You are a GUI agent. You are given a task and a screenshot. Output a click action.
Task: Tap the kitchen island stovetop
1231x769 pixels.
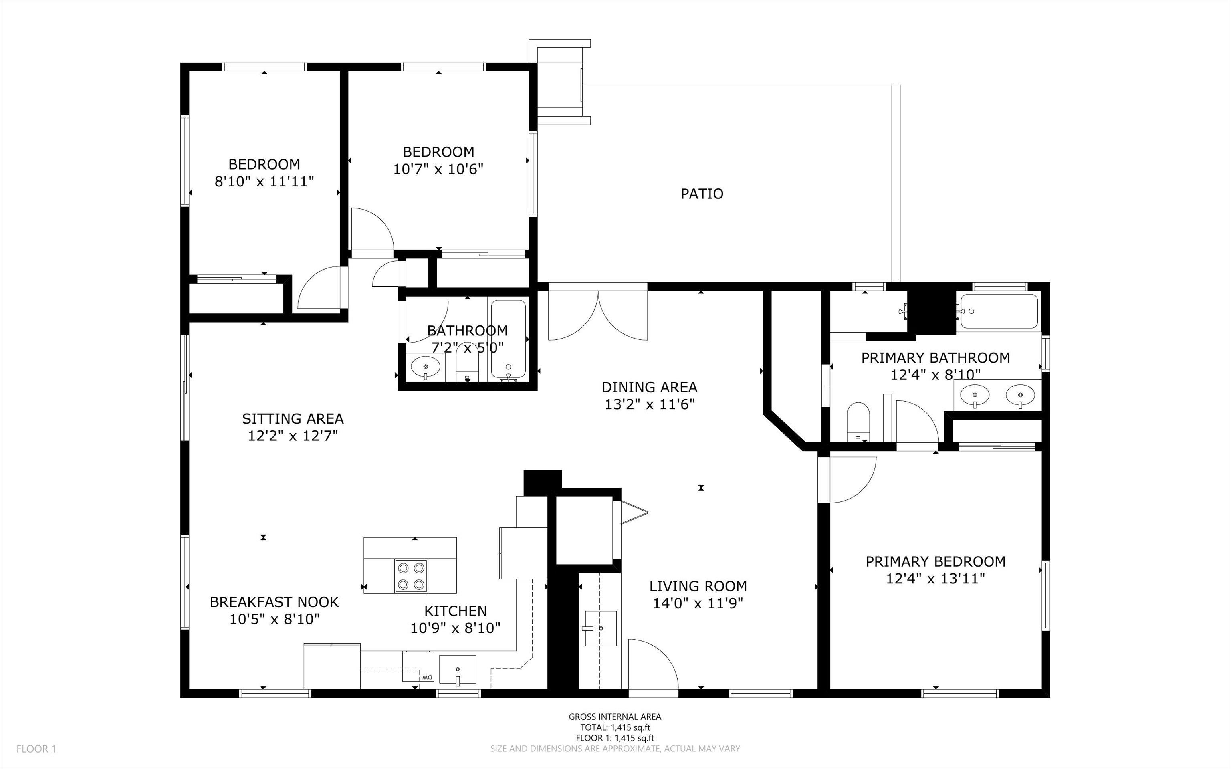pos(411,576)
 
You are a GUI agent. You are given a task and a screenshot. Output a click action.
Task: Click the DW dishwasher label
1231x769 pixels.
pos(426,677)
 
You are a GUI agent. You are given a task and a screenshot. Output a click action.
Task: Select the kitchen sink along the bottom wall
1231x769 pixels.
pos(458,669)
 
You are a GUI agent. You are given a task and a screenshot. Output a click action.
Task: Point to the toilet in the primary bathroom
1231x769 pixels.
pos(858,422)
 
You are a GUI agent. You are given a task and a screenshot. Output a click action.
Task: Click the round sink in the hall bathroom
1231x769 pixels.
pos(425,366)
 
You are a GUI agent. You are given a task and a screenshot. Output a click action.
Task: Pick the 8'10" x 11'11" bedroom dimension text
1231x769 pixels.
pos(264,182)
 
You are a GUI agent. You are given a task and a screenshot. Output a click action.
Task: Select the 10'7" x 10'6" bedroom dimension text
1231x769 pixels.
pos(438,169)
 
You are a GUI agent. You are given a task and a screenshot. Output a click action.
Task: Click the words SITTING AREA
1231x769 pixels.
pos(293,419)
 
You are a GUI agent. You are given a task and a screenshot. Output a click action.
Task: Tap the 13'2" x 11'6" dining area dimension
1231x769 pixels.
pos(649,404)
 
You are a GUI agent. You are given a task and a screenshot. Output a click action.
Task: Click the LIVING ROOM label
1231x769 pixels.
pos(698,586)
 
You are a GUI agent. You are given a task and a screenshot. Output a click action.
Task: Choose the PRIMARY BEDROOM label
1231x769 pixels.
pos(936,561)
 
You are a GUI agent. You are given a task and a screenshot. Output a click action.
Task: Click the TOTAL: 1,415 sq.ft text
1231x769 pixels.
pos(615,727)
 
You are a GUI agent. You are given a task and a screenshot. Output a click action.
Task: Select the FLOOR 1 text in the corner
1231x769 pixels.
pos(36,749)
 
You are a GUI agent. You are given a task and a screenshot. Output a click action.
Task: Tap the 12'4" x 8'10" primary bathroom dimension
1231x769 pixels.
pos(936,375)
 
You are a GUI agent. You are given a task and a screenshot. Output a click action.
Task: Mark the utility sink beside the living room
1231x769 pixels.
pos(601,628)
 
